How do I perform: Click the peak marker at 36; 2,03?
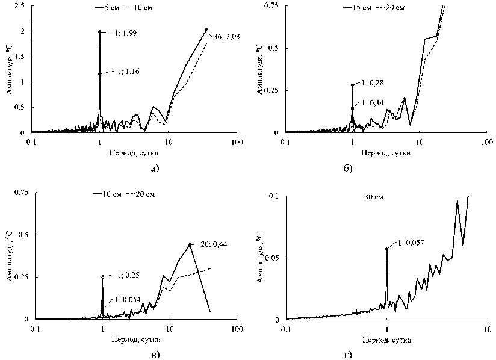pos(206,29)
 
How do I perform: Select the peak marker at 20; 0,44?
pos(190,244)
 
